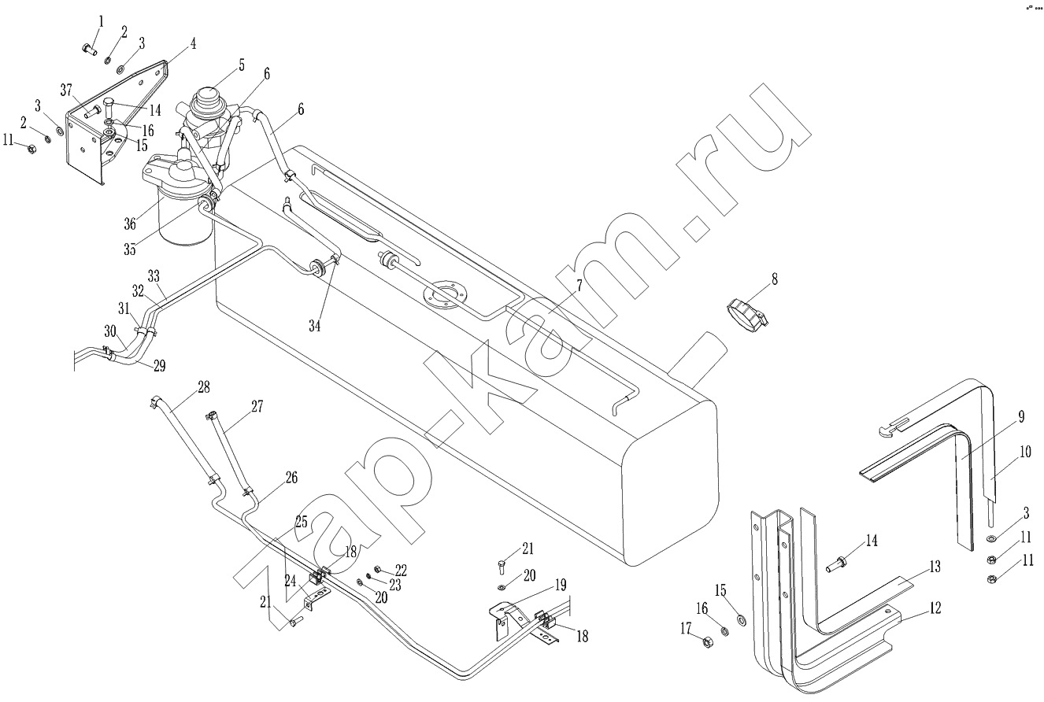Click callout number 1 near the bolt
(101, 20)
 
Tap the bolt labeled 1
(88, 50)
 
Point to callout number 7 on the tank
(579, 286)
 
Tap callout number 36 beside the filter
(128, 224)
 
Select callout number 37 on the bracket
(66, 88)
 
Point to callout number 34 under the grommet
(314, 325)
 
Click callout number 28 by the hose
(204, 386)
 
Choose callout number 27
(257, 406)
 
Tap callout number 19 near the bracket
(560, 585)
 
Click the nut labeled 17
(706, 640)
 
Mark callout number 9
(1020, 416)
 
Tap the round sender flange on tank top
(445, 295)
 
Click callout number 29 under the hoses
(159, 366)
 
